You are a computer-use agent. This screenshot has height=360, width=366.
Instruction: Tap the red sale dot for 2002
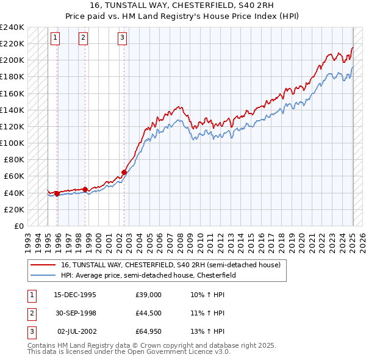(124, 172)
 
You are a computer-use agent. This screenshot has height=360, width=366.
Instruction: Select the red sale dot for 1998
(85, 189)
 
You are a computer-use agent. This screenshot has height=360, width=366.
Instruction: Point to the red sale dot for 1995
(57, 193)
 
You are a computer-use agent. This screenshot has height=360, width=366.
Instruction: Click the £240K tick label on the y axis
(12, 27)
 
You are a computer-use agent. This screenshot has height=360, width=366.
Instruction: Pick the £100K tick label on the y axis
(12, 143)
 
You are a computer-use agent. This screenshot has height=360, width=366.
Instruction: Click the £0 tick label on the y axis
(20, 226)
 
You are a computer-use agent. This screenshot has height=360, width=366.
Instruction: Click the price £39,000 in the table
(149, 295)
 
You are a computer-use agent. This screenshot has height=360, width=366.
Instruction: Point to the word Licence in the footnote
(194, 351)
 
